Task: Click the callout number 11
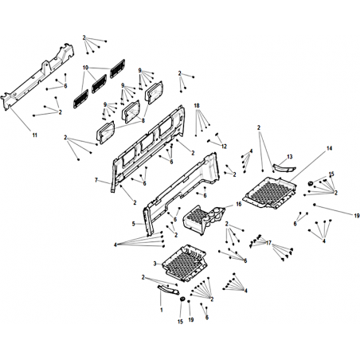[35, 135]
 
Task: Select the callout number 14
[329, 148]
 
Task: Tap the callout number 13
[290, 157]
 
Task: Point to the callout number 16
[239, 204]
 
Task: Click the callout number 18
[197, 106]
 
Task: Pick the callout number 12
[225, 147]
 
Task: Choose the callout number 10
[85, 68]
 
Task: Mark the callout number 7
[96, 180]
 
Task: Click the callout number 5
[134, 224]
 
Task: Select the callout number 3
[155, 264]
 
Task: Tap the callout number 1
[161, 310]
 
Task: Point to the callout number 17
[268, 243]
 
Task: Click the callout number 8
[143, 121]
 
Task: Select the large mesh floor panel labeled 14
[269, 193]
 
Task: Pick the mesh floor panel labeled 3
[184, 264]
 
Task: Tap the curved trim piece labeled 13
[284, 168]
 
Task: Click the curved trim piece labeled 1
[168, 289]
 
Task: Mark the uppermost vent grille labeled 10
[117, 68]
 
